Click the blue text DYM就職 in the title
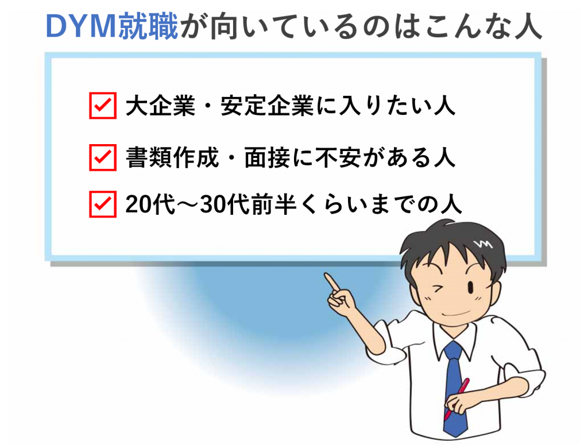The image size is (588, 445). [112, 26]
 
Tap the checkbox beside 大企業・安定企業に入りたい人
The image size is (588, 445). [103, 105]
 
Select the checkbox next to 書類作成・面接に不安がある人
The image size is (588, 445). [103, 157]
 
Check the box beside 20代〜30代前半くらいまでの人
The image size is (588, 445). [103, 204]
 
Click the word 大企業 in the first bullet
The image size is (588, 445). [161, 106]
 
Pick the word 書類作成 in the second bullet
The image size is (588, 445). [172, 157]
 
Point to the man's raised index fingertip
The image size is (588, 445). [326, 275]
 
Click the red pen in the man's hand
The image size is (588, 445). [456, 399]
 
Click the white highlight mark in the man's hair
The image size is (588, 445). [483, 244]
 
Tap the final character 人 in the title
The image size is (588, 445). [528, 26]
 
